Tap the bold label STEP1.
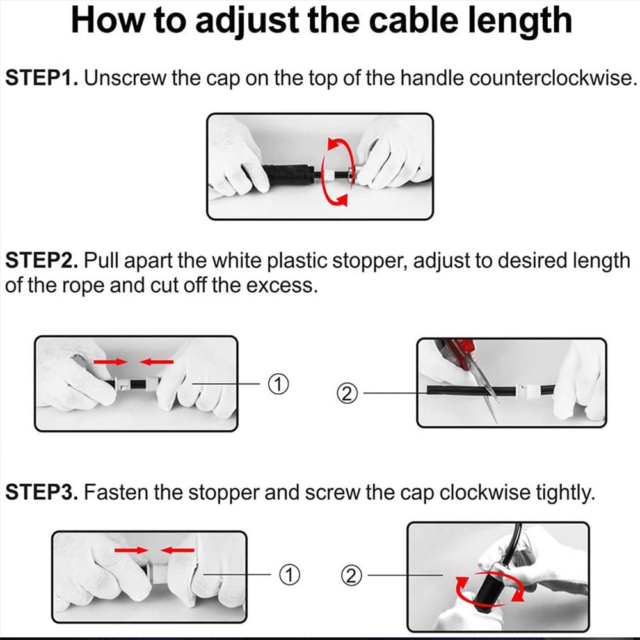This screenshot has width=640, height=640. pos(42,77)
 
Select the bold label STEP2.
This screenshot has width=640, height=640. pos(42,260)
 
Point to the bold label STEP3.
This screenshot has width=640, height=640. pos(42,492)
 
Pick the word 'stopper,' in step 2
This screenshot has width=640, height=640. pos(370,261)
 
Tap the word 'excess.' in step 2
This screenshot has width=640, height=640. pos(281,285)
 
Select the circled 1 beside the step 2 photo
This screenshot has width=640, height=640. pos(278,384)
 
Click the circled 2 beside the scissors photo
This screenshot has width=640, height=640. pos(347,394)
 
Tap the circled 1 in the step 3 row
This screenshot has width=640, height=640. pos(289,575)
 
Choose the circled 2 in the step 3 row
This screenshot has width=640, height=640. pos(351,576)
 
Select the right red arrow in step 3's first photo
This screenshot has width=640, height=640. pos(177,550)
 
